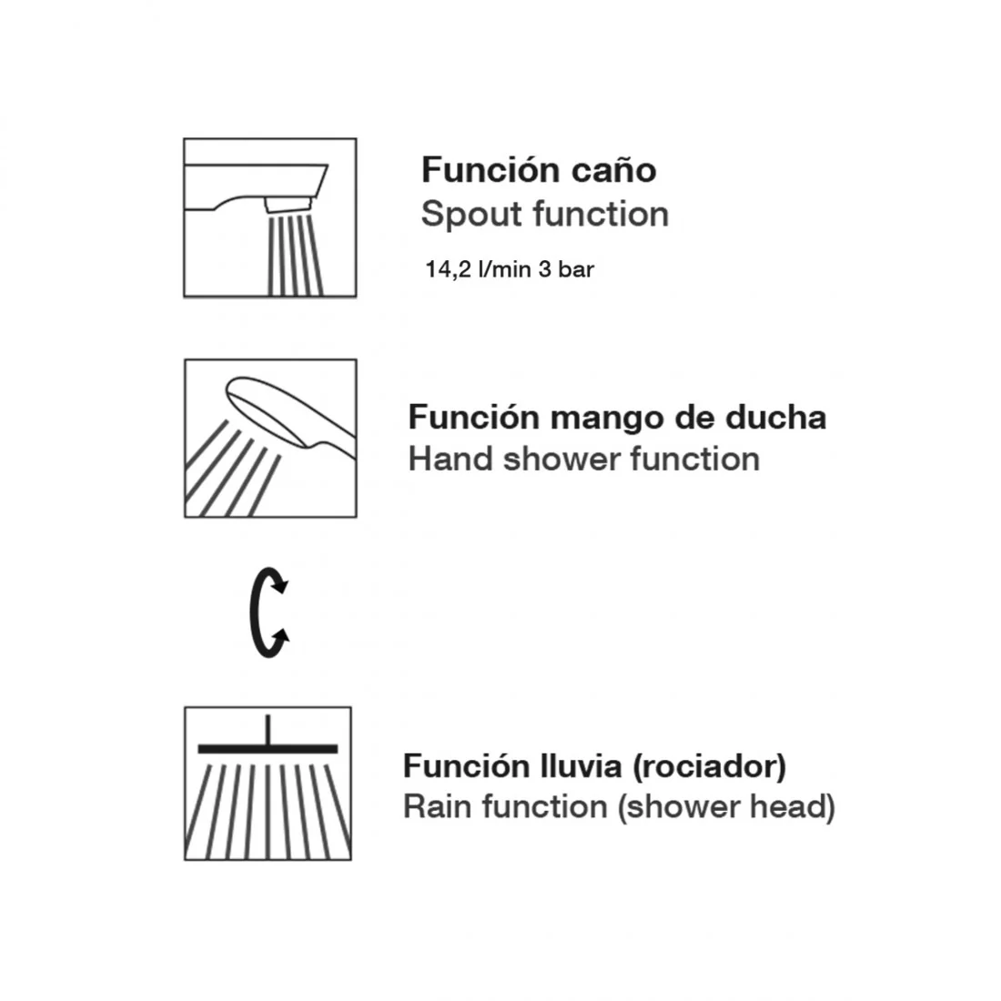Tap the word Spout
[x=471, y=215]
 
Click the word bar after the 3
[x=576, y=269]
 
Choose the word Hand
[x=450, y=459]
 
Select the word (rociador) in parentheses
[x=709, y=767]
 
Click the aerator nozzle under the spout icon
[x=288, y=204]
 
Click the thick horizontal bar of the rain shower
[x=268, y=748]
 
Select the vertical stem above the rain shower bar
[x=268, y=729]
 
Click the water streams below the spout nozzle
[x=295, y=255]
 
